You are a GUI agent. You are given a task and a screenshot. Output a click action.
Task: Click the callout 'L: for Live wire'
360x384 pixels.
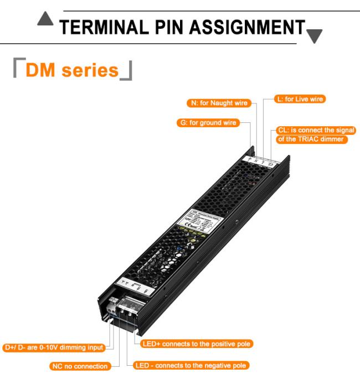coord(300,99)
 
